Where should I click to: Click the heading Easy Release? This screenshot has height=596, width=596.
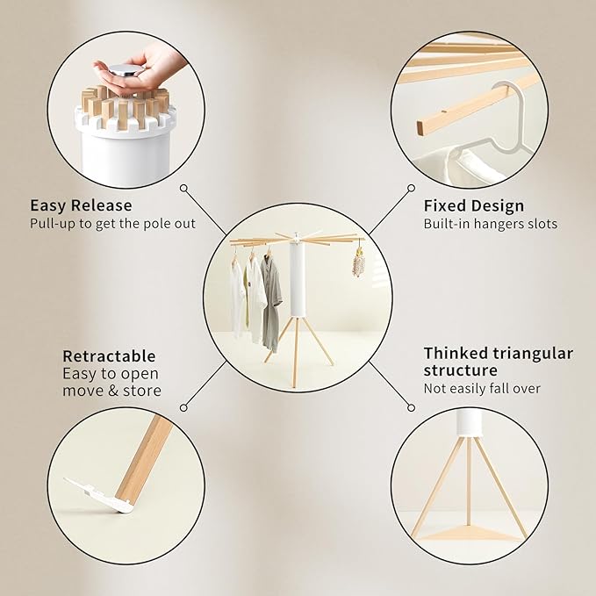tap(81, 205)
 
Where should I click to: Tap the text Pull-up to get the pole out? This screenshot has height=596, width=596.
tap(112, 224)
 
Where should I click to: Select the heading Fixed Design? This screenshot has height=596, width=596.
tap(474, 206)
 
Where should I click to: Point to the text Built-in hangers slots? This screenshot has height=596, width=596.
tap(490, 224)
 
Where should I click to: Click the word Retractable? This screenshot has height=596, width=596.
tap(109, 356)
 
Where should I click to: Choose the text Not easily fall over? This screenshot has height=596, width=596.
tap(482, 388)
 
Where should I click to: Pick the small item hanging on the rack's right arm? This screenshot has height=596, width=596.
tap(358, 261)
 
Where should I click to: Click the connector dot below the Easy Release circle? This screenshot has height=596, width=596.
tap(183, 187)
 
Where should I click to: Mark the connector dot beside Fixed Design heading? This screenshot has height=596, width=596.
tap(411, 188)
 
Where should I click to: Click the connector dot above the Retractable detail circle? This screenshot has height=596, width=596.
tap(183, 407)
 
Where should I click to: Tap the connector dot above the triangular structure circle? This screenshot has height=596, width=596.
tap(411, 407)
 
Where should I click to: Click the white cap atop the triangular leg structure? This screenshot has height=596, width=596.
tap(469, 423)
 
